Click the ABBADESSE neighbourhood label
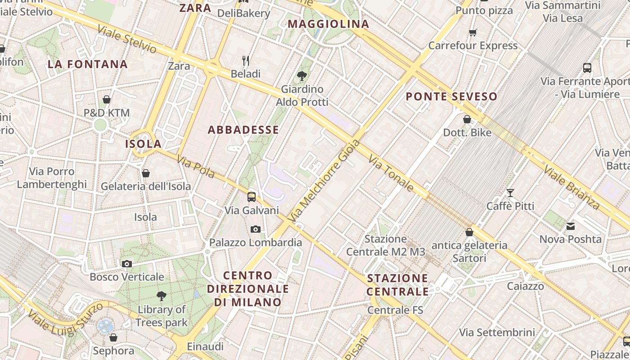243,130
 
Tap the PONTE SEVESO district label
451,97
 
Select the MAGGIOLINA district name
328,24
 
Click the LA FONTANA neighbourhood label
88,64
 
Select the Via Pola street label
195,166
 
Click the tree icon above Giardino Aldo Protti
302,76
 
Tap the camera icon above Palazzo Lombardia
256,229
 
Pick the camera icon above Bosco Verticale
127,264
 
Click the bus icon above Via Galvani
252,197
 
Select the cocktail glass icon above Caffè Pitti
510,193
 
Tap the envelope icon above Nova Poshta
571,226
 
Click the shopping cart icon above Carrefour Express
472,32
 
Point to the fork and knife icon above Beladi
246,60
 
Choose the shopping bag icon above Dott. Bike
467,120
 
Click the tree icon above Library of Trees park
161,296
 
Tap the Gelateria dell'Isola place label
146,186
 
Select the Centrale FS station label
395,310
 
